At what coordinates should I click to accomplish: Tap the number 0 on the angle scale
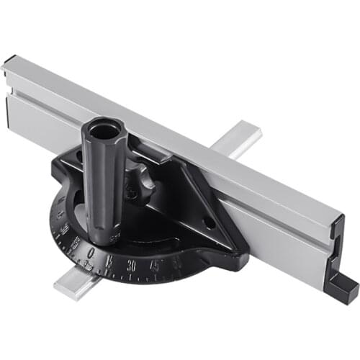click(89, 253)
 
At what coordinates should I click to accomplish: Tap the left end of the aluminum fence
click(10, 66)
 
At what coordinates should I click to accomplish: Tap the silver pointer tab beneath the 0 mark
click(86, 266)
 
